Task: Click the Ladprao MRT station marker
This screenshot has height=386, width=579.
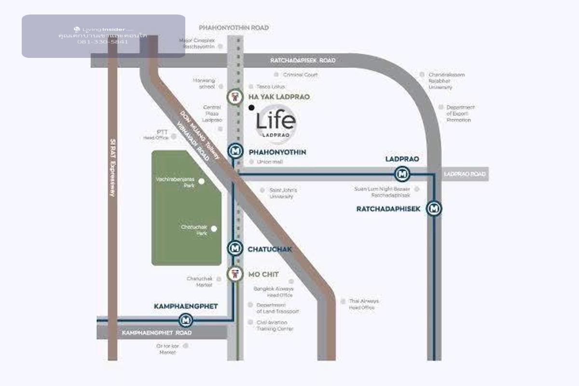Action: (x=402, y=174)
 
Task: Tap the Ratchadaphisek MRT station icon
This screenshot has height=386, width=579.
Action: (x=435, y=208)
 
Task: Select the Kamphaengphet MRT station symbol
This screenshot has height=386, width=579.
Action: (x=186, y=319)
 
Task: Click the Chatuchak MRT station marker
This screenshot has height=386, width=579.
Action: (x=235, y=248)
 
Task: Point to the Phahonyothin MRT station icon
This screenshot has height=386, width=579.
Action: (x=235, y=152)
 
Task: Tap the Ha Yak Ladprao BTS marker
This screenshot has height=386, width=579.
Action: (x=234, y=96)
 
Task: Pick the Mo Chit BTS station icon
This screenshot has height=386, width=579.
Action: (x=234, y=274)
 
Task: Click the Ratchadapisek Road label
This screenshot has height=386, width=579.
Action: (x=303, y=60)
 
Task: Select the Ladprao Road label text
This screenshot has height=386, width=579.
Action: (x=464, y=174)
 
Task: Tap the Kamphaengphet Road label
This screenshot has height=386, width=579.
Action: (x=157, y=333)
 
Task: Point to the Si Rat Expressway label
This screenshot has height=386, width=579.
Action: (x=113, y=167)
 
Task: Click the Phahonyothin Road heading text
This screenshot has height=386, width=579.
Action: (x=234, y=28)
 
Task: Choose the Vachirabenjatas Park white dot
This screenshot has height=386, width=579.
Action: (x=202, y=181)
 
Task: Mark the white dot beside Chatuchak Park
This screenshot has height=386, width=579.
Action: (x=214, y=229)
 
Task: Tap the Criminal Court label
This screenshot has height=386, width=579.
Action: (x=300, y=75)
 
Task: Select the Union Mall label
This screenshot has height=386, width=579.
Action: (x=270, y=162)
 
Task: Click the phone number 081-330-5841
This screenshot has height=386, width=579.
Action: (x=103, y=42)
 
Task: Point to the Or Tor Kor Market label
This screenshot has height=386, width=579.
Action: (x=167, y=349)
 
